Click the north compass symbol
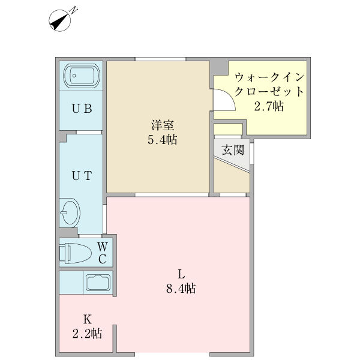(x=59, y=20)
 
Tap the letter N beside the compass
(x=73, y=10)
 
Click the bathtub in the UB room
(x=82, y=76)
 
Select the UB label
(x=82, y=109)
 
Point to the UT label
(x=82, y=176)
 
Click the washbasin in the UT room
(x=70, y=212)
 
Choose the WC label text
(x=103, y=253)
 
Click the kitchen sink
(x=98, y=282)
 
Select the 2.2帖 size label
(x=87, y=334)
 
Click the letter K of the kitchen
(x=88, y=319)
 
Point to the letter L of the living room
(x=181, y=274)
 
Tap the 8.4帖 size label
(x=181, y=288)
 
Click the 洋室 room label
(x=163, y=125)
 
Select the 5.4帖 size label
(x=163, y=139)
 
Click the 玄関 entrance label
(x=233, y=150)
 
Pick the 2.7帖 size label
(x=269, y=106)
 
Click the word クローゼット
(x=269, y=92)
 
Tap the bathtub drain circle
(x=74, y=76)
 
